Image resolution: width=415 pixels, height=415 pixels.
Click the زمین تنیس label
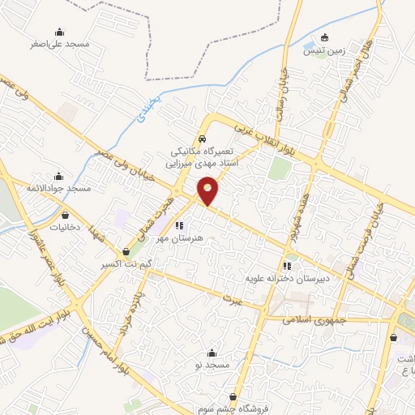tap(324, 50)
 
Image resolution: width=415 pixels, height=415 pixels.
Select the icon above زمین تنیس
tap(325, 37)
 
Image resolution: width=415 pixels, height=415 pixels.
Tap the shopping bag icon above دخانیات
tap(65, 216)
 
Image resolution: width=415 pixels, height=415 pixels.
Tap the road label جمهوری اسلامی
tap(314, 320)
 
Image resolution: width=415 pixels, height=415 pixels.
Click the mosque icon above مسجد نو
tap(212, 353)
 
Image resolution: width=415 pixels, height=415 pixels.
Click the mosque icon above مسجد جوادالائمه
tap(57, 176)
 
